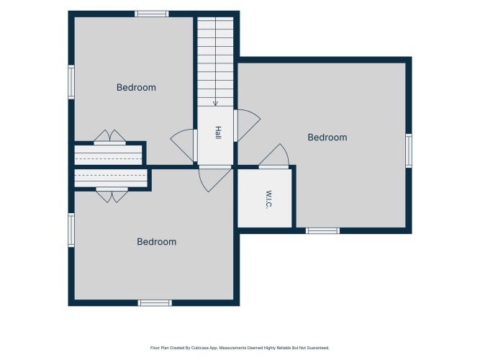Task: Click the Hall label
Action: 218,132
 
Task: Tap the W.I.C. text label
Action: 268,199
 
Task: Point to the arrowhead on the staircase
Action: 215,104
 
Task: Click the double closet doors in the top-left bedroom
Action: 109,137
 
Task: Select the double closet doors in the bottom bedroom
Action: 112,195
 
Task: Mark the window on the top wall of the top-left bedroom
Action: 152,14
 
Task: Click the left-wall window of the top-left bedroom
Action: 71,82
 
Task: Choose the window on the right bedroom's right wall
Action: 409,150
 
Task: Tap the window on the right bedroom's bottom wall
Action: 322,230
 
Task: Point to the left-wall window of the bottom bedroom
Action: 71,230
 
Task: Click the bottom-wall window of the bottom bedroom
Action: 155,303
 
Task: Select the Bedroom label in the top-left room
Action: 136,88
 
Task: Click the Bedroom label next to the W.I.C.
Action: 327,138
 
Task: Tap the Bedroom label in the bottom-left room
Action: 156,242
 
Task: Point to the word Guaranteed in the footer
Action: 319,348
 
